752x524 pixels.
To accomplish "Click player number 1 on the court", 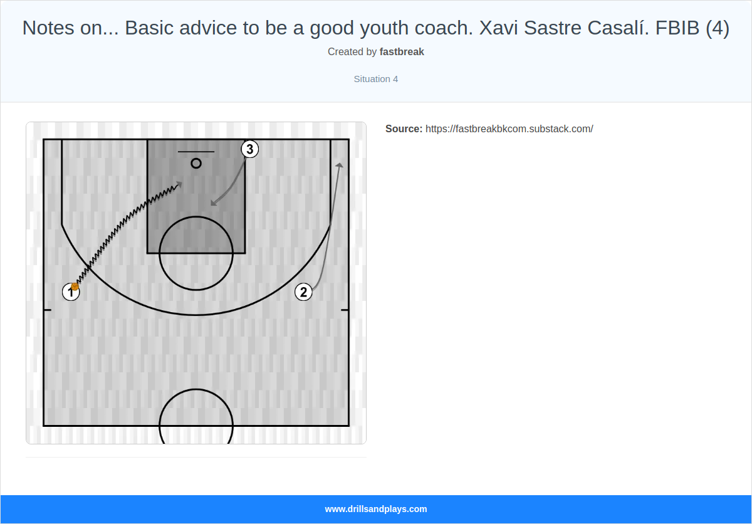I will click(71, 292).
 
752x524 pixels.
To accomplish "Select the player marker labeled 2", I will click(303, 292).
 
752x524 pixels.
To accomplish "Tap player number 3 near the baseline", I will click(250, 149).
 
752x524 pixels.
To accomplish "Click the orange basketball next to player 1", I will click(75, 286).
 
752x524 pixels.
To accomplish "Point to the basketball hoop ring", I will click(196, 163).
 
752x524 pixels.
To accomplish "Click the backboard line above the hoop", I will click(196, 152).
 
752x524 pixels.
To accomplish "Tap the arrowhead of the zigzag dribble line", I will click(180, 184).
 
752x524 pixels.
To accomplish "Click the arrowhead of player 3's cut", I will click(213, 203).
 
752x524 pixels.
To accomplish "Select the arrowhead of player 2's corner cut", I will click(340, 164).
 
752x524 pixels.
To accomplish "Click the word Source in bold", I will click(404, 129).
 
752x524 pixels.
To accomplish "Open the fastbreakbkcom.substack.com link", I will click(509, 129).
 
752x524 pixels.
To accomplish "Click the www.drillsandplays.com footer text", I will click(376, 509).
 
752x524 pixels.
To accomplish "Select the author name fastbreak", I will click(402, 52).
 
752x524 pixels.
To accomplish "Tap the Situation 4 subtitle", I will click(376, 79).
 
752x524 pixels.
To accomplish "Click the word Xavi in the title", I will click(499, 28).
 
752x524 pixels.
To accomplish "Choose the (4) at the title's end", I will click(718, 28).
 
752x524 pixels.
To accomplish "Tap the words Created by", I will click(352, 52).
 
